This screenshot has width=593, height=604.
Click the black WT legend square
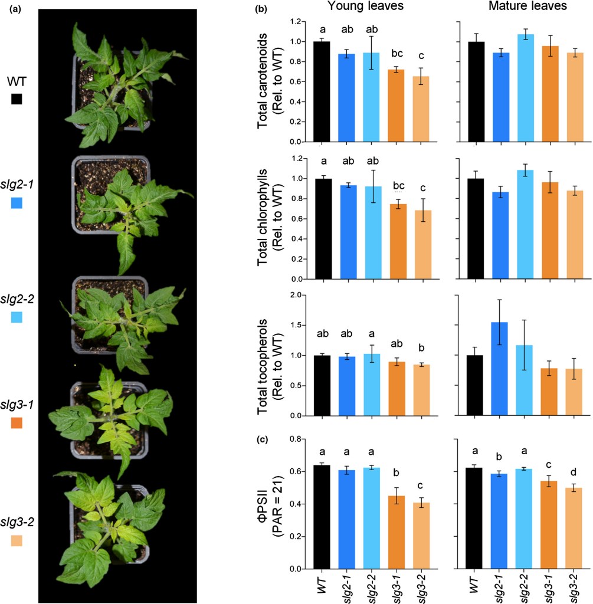pyautogui.click(x=17, y=99)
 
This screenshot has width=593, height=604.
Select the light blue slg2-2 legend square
pyautogui.click(x=17, y=317)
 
